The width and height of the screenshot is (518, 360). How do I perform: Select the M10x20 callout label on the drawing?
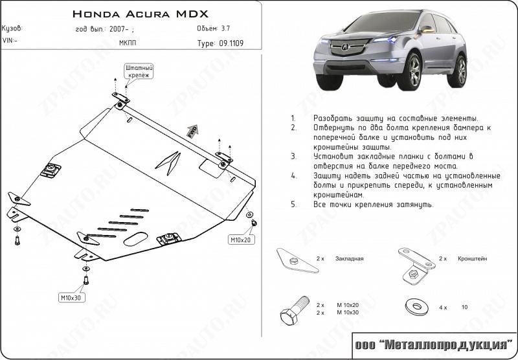tap(241, 240)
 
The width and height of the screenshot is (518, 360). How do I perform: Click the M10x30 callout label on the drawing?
tap(72, 298)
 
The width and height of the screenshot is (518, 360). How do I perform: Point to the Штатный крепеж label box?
tap(139, 71)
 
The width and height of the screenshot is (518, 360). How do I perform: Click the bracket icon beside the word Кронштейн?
tap(414, 265)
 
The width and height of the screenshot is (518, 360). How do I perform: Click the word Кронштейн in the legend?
tap(471, 258)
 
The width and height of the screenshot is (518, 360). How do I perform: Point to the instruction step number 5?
tap(293, 205)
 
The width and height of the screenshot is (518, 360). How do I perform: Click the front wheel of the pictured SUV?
tap(409, 72)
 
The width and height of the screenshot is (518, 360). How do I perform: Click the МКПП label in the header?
tap(128, 44)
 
